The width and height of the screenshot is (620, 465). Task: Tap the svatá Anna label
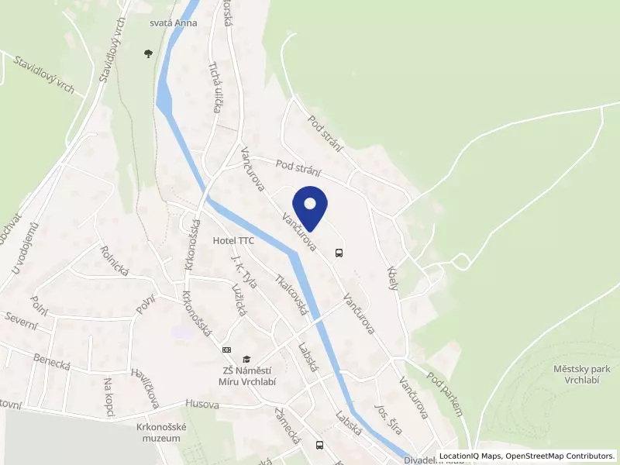(x=174, y=22)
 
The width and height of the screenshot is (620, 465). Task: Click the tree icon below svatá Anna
(x=148, y=53)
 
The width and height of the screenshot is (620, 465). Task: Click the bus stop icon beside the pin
(x=339, y=252)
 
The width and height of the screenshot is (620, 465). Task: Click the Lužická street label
(x=239, y=299)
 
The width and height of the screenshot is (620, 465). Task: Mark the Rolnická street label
(x=114, y=261)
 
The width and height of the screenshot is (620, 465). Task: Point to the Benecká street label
(x=52, y=361)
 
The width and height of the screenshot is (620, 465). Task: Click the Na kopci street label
(x=109, y=395)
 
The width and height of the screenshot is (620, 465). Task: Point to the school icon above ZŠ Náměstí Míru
(x=246, y=359)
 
